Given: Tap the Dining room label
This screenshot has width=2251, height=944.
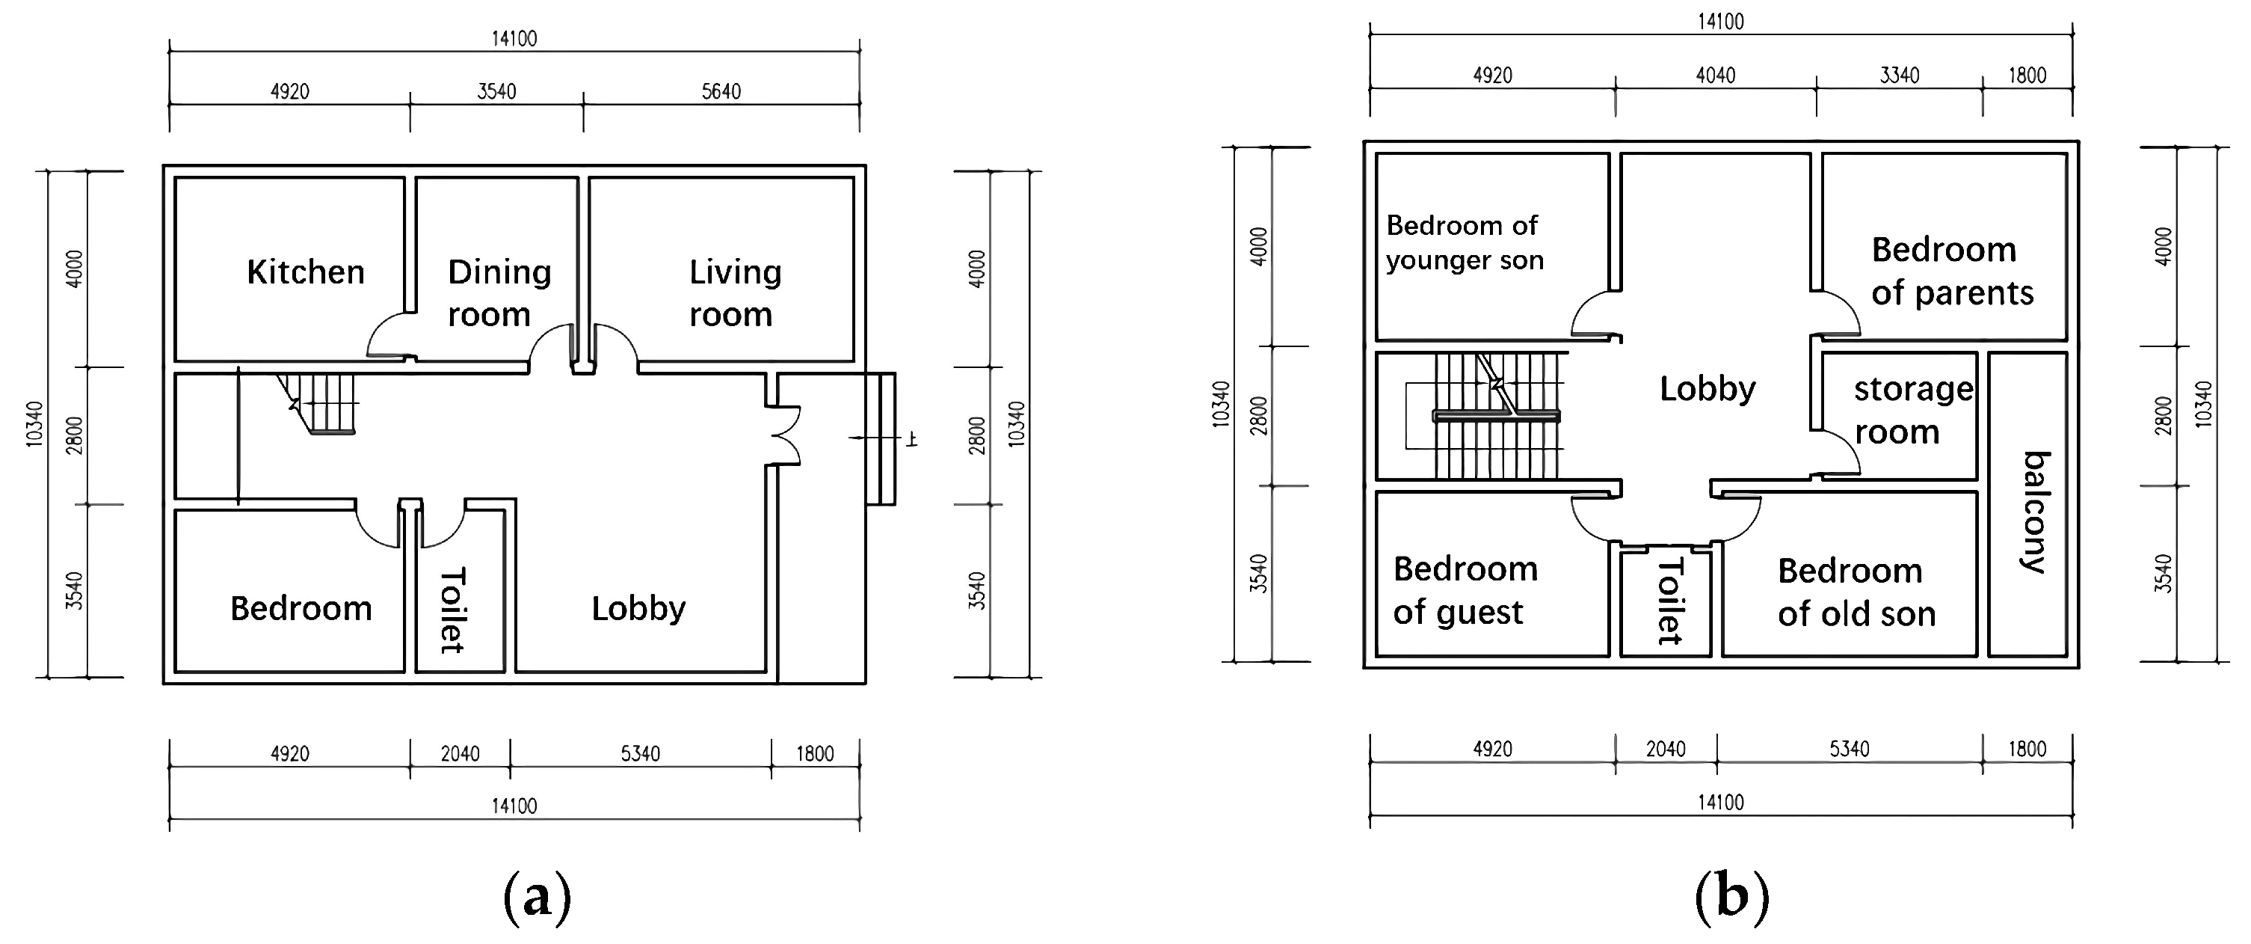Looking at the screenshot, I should (x=498, y=292).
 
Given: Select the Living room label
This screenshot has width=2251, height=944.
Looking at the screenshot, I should (x=734, y=292).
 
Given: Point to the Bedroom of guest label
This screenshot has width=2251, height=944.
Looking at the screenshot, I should (x=1465, y=590).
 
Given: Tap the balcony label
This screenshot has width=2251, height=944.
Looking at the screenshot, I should (x=2035, y=512).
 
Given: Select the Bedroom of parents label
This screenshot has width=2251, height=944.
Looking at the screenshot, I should (x=1951, y=271).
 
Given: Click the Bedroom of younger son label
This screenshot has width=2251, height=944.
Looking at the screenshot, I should (x=1464, y=243).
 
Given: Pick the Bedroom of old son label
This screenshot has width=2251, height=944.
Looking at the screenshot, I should (x=1856, y=592).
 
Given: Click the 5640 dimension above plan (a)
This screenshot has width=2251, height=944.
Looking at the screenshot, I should (x=721, y=91).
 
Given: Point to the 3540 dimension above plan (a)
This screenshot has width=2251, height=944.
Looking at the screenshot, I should (x=496, y=91).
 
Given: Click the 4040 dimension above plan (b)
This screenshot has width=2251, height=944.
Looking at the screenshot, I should (x=1714, y=75).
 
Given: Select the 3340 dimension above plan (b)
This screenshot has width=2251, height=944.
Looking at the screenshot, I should (x=1899, y=75).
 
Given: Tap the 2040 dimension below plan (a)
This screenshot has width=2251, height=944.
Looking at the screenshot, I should (x=460, y=753).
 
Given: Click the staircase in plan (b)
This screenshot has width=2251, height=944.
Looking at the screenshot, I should (x=1496, y=415).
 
